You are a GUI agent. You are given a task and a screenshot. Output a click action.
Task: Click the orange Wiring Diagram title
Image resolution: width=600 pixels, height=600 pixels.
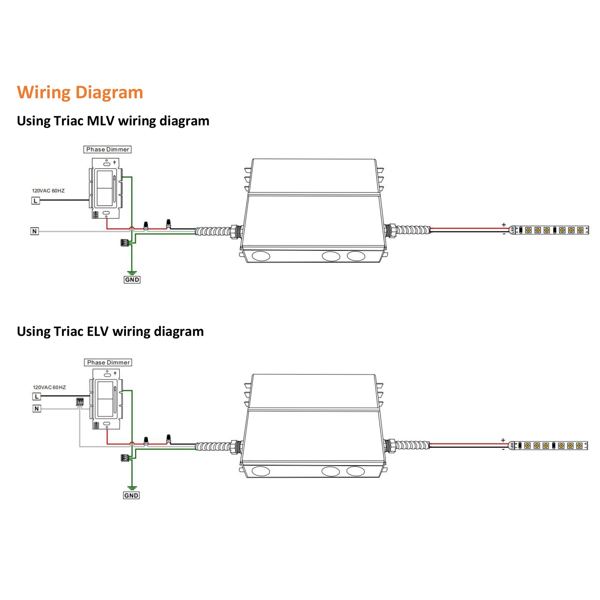pyautogui.click(x=80, y=92)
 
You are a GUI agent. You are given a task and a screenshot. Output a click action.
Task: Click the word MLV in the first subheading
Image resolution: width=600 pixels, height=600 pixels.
pyautogui.click(x=100, y=121)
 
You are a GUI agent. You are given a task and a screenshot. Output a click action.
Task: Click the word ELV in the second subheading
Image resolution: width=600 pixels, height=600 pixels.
pyautogui.click(x=97, y=331)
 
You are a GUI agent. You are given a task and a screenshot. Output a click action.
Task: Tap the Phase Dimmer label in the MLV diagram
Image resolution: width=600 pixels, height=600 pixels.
pyautogui.click(x=107, y=149)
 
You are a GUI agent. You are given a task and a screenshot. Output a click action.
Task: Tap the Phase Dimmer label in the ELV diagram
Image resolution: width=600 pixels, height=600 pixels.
pyautogui.click(x=108, y=362)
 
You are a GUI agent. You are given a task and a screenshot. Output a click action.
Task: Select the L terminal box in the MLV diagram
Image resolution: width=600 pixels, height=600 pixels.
pyautogui.click(x=35, y=201)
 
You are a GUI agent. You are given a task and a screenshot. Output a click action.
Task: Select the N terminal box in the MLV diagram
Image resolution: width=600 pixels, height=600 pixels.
pyautogui.click(x=34, y=231)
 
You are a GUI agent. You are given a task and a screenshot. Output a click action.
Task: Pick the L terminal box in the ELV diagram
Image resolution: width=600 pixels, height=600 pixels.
pyautogui.click(x=37, y=397)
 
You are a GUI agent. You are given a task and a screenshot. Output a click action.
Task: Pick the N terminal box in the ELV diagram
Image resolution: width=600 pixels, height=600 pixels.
pyautogui.click(x=37, y=409)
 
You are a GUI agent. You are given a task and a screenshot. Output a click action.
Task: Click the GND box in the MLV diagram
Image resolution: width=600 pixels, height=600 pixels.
pyautogui.click(x=132, y=280)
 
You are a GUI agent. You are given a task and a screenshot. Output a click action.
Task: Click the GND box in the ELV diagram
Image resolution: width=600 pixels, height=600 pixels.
pyautogui.click(x=131, y=495)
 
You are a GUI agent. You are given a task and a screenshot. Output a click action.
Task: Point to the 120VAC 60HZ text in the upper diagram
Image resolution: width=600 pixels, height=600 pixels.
pyautogui.click(x=48, y=191)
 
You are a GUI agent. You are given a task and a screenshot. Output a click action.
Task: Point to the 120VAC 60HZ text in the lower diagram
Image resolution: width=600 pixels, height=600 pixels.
pyautogui.click(x=49, y=387)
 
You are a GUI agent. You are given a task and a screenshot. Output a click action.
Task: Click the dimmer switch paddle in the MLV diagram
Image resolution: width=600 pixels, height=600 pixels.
pyautogui.click(x=104, y=188)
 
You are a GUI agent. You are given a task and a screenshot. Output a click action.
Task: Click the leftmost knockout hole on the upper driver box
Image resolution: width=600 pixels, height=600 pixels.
pyautogui.click(x=261, y=256)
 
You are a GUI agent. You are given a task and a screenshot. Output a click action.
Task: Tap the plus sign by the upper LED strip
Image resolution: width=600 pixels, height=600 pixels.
pyautogui.click(x=504, y=224)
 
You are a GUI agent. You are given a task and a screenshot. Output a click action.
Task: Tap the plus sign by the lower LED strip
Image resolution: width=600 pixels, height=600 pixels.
pyautogui.click(x=503, y=440)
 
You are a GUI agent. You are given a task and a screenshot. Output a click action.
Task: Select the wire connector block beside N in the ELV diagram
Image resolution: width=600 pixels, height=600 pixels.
pyautogui.click(x=80, y=402)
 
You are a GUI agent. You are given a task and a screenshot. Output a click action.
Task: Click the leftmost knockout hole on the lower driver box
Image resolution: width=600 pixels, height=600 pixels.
pyautogui.click(x=261, y=471)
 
